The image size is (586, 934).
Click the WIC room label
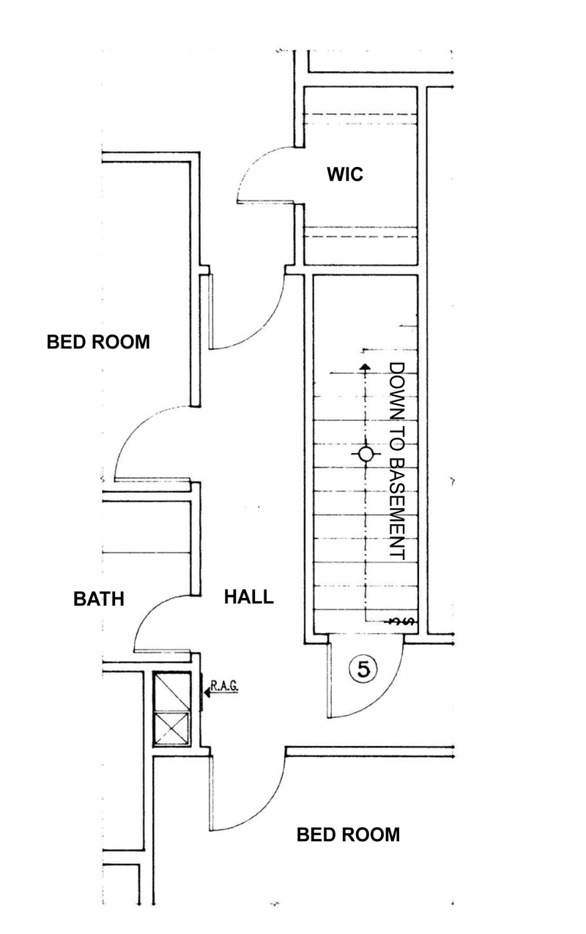tap(345, 174)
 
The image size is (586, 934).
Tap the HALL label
tap(248, 597)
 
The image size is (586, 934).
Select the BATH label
tap(99, 599)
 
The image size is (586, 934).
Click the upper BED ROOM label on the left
tap(98, 342)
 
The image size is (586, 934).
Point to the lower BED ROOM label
tap(348, 834)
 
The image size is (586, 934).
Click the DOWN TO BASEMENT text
tap(397, 461)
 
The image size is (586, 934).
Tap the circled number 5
tap(364, 668)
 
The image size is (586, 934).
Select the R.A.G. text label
tap(225, 686)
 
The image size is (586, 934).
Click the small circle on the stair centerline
tap(365, 455)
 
